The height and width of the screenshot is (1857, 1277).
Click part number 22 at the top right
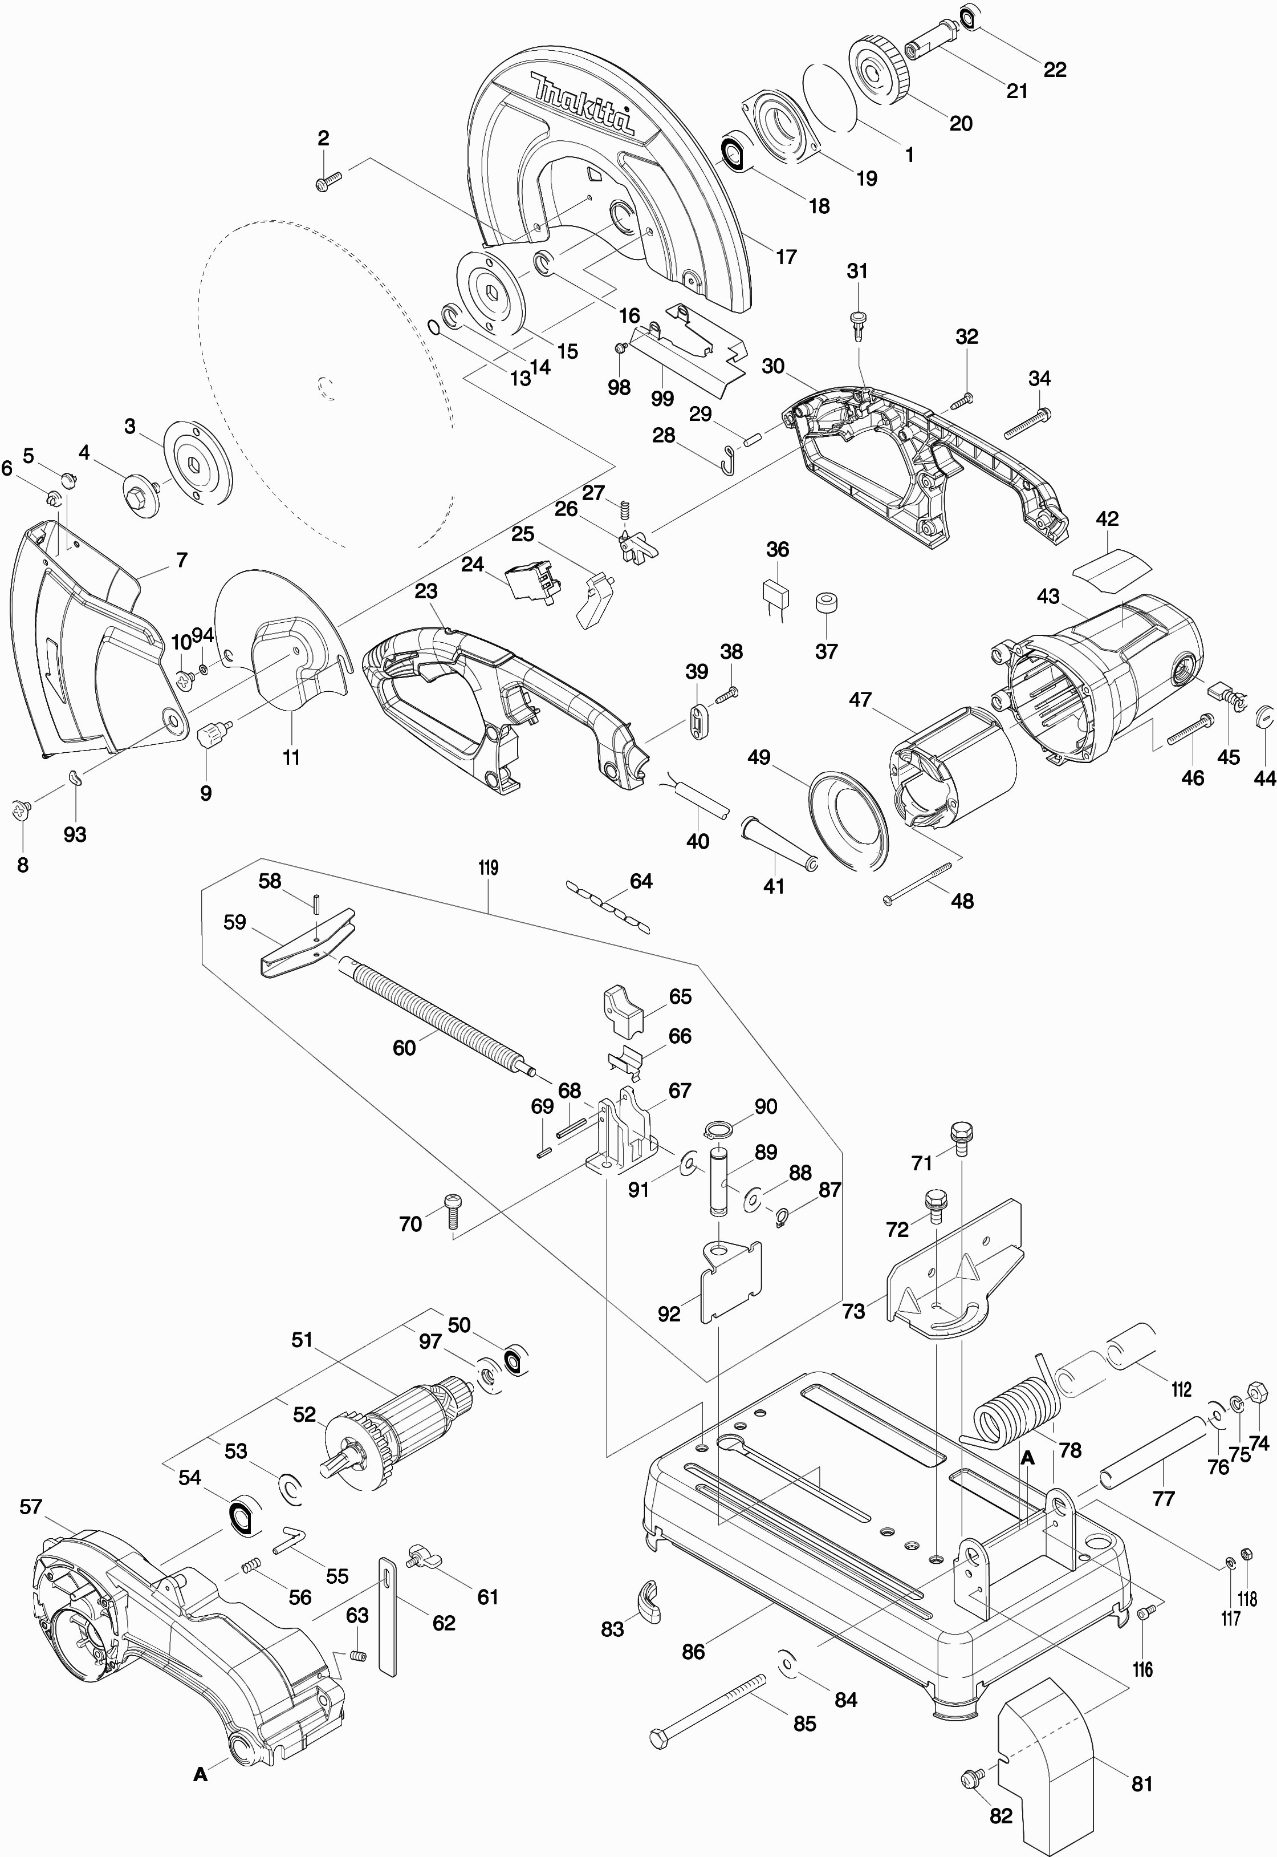pos(1055,70)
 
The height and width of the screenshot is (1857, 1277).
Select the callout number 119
pos(488,867)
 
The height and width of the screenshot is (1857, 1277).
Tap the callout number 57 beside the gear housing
pos(30,1507)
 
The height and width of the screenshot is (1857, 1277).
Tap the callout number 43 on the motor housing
pos(1047,597)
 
